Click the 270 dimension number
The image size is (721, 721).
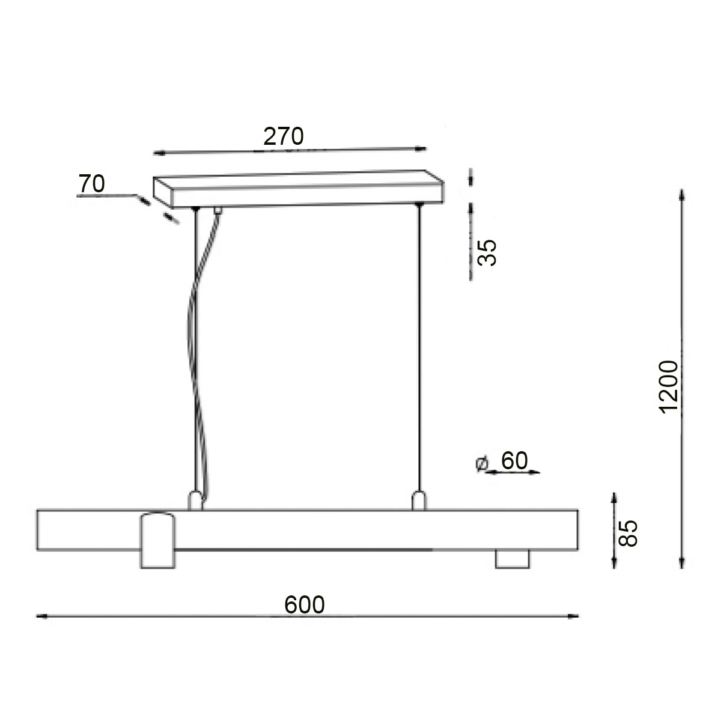(x=283, y=136)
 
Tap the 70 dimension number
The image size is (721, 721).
(x=91, y=184)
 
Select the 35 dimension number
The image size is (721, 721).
(x=487, y=252)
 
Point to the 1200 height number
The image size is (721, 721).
(x=668, y=387)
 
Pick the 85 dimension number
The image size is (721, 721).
(x=627, y=533)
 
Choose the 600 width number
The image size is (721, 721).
(x=304, y=604)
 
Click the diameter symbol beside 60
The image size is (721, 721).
(x=481, y=463)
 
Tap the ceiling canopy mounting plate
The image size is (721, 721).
(x=299, y=189)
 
